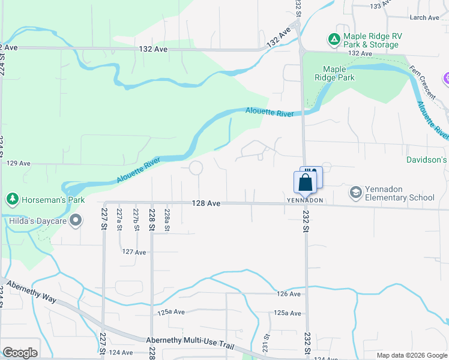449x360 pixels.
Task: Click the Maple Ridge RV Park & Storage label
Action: (372, 40)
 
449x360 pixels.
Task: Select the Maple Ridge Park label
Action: (339, 73)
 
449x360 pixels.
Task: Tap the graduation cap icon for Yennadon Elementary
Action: (355, 192)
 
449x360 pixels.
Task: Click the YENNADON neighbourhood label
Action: (305, 200)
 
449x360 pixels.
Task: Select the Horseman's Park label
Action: (53, 199)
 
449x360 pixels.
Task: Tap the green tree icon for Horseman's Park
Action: (11, 199)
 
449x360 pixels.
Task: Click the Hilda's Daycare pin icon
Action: (76, 221)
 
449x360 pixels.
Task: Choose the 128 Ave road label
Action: (206, 204)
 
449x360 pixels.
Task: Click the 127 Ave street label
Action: (134, 253)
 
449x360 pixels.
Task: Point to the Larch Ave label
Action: (425, 18)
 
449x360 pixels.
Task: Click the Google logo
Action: (20, 353)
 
